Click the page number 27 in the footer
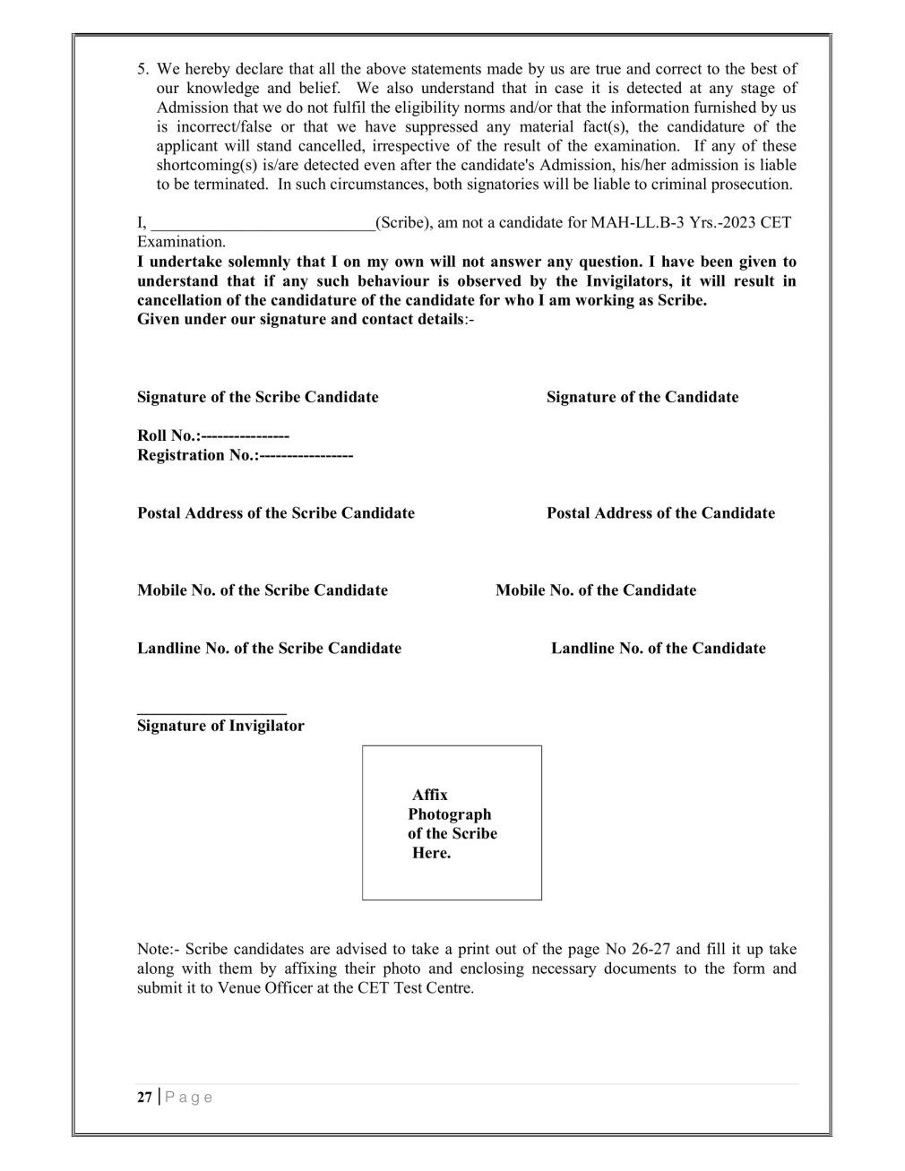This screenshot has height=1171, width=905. pos(144,1098)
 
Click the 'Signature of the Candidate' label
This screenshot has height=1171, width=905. pos(642,397)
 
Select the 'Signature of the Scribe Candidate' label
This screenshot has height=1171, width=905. pos(257,397)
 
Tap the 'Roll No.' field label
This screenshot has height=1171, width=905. pos(168,435)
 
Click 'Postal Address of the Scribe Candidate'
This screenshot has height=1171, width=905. pos(276,513)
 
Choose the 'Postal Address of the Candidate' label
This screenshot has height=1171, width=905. pos(660,513)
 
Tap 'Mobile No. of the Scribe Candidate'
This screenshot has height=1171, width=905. pos(263,590)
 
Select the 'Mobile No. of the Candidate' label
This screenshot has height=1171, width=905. pos(596,590)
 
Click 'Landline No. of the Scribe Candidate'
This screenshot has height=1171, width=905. pos(269,649)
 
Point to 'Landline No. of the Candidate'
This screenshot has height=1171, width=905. pos(659,649)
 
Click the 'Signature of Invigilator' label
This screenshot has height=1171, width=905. pos(220,726)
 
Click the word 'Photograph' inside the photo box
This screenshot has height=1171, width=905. pos(450,814)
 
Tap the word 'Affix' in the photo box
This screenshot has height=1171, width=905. pos(430,795)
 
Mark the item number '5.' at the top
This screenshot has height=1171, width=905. pos(143,69)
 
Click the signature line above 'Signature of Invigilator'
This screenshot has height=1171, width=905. pos(211,713)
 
